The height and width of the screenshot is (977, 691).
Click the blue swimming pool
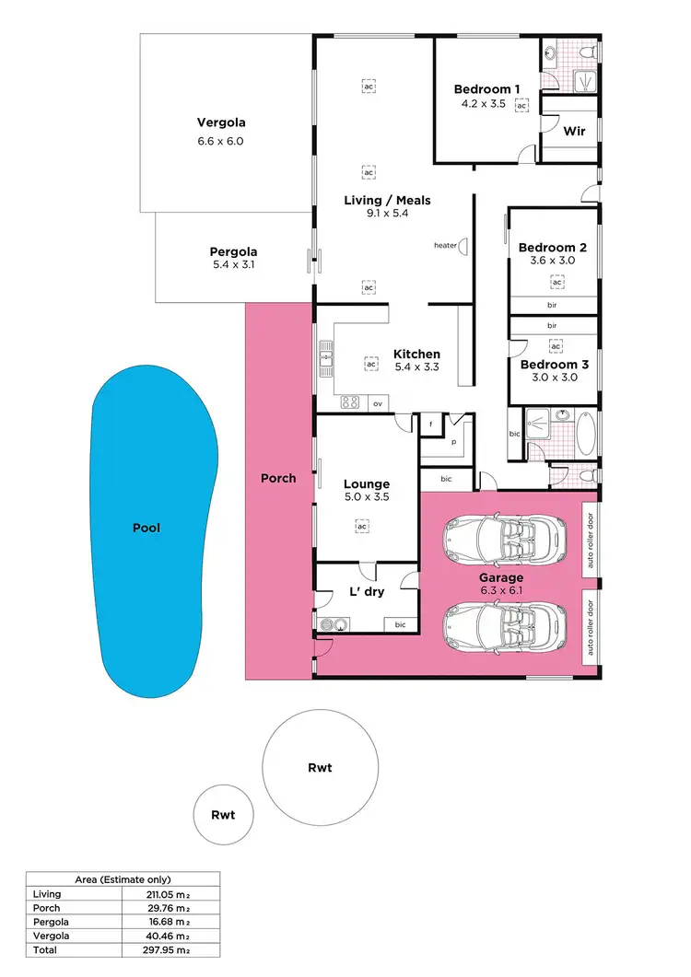pyautogui.click(x=152, y=529)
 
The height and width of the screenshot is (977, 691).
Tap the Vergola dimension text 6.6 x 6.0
pyautogui.click(x=221, y=142)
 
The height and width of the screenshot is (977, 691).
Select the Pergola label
pyautogui.click(x=233, y=251)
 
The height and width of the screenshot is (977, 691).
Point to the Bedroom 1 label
pyautogui.click(x=487, y=89)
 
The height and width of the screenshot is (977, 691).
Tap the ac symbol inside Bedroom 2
pyautogui.click(x=556, y=282)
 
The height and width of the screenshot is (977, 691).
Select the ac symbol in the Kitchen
pyautogui.click(x=370, y=364)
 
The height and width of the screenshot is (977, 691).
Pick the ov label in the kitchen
pyautogui.click(x=377, y=402)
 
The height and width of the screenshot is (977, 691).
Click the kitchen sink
pyautogui.click(x=326, y=353)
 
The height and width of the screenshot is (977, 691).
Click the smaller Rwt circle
pyautogui.click(x=223, y=815)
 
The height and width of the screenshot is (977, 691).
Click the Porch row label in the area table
pyautogui.click(x=46, y=907)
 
